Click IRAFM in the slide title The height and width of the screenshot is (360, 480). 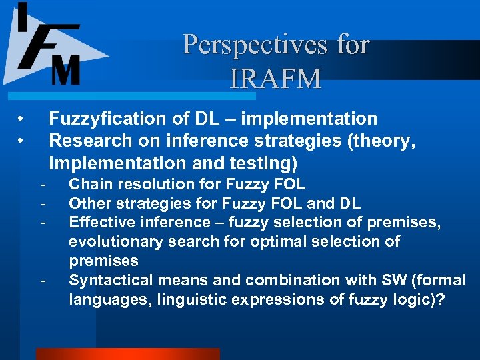pyautogui.click(x=275, y=79)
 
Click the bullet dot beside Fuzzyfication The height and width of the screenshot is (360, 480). pyautogui.click(x=21, y=119)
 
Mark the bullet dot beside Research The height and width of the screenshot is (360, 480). pyautogui.click(x=21, y=141)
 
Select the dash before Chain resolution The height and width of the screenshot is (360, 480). pyautogui.click(x=42, y=185)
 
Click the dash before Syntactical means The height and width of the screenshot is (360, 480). pyautogui.click(x=42, y=280)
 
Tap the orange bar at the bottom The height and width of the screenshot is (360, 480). pyautogui.click(x=127, y=354)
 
